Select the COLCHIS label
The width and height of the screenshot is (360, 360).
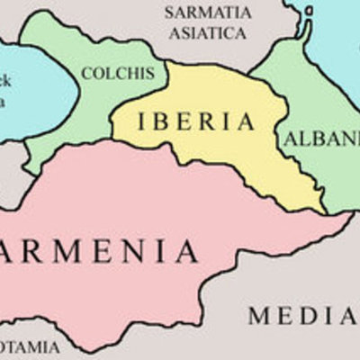point(118,73)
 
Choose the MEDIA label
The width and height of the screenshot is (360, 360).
point(302,315)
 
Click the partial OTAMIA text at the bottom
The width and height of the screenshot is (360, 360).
point(30,346)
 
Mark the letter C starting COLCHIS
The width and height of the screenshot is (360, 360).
point(86,73)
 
